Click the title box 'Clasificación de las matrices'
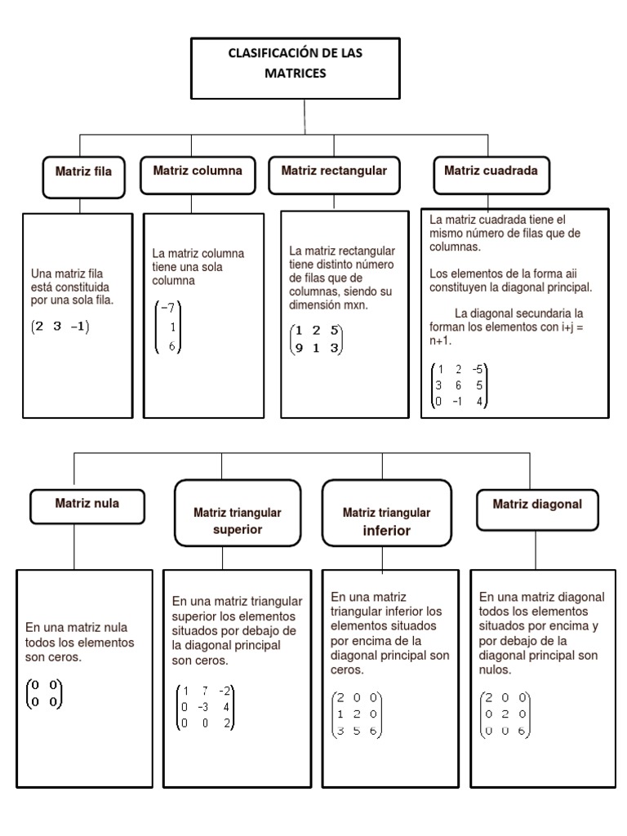tap(305, 67)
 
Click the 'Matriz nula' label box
tap(87, 505)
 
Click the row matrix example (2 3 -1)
tap(60, 327)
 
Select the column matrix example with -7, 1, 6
tap(169, 327)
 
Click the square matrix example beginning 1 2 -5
tap(460, 385)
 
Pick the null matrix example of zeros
tap(44, 693)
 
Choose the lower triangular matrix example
tap(356, 715)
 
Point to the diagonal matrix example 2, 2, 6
tap(506, 715)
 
